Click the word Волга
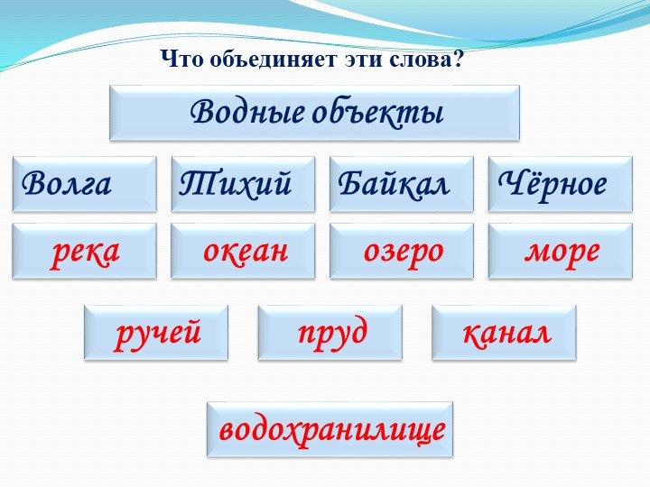68,184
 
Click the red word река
86,251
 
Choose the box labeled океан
243,251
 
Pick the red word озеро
403,251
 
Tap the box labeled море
561,251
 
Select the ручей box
157,333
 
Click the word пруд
331,333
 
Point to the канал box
505,333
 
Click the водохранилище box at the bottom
331,429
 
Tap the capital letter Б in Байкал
347,184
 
